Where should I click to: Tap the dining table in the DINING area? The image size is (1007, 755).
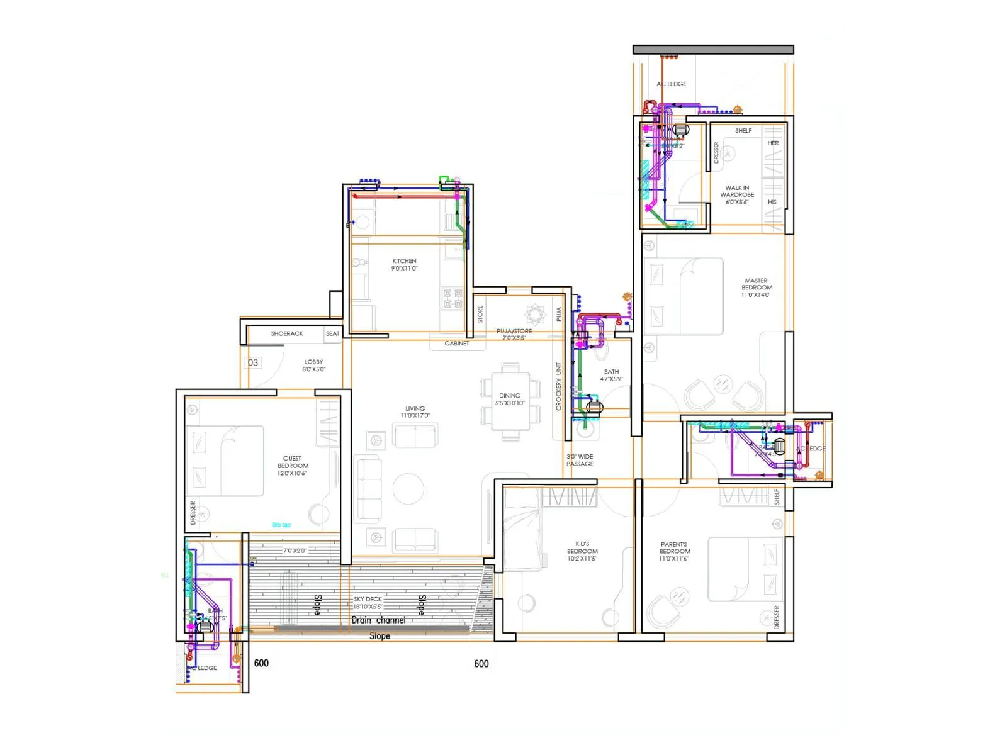[510, 400]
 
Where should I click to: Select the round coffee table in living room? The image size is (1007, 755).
[408, 488]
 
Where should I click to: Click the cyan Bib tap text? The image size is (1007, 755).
[281, 525]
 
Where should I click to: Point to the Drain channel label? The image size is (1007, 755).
[378, 620]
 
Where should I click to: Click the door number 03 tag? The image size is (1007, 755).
[253, 362]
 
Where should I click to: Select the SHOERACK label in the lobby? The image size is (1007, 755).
[287, 333]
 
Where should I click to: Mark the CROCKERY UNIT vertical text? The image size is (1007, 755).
[558, 386]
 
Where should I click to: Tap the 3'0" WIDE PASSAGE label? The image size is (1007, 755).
[580, 460]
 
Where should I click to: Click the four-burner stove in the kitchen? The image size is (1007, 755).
[453, 298]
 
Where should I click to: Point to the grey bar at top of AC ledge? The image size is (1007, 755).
[713, 49]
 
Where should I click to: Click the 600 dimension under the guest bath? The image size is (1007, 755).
[261, 663]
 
